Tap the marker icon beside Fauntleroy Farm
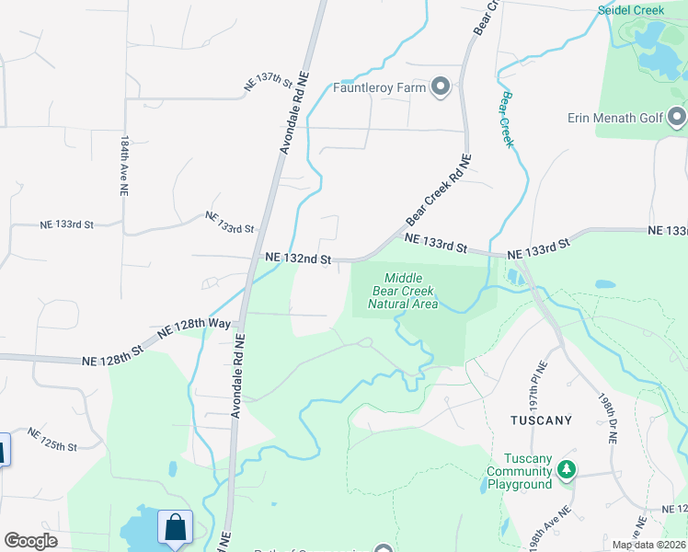(x=440, y=88)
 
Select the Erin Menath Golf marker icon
(x=678, y=117)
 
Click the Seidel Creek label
(x=631, y=9)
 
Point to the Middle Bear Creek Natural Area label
(x=403, y=291)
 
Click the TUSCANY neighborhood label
(x=541, y=420)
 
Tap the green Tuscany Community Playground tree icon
(x=568, y=471)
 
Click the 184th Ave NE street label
(x=123, y=166)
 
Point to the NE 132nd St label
(x=297, y=260)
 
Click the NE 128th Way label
(x=199, y=328)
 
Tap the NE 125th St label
(x=52, y=439)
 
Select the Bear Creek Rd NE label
(x=438, y=190)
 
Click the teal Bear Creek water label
(x=506, y=118)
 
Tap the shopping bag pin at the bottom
(x=175, y=528)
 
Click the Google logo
(x=30, y=541)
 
